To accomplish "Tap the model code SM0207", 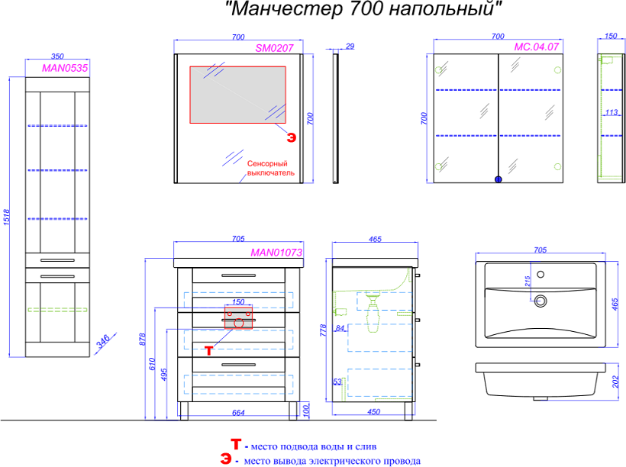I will coord(273,47).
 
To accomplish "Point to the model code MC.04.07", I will coord(537,47).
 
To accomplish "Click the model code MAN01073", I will coord(277,252).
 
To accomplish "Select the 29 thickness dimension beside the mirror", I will coord(350,47).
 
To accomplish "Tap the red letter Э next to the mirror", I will coord(291,137).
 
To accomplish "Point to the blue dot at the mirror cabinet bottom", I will coord(499,179).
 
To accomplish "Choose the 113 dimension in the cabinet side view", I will coord(611,113).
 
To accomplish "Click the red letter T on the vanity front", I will coord(210,349).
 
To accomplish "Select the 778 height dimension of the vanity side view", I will coord(324,330).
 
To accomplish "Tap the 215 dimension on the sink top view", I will coord(527,281).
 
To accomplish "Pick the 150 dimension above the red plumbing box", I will coord(238,302).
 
